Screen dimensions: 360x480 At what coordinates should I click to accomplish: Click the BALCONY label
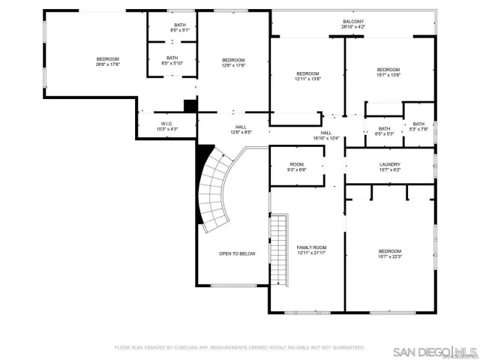354,22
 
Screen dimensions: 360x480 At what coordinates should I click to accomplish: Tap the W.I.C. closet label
167,124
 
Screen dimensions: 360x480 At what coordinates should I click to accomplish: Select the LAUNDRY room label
389,164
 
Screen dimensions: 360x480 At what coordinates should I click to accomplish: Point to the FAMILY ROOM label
312,247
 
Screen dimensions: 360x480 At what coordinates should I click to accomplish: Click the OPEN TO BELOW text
237,253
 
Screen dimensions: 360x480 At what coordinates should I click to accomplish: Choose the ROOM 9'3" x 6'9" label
297,164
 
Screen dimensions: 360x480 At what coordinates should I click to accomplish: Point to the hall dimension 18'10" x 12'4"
326,138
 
